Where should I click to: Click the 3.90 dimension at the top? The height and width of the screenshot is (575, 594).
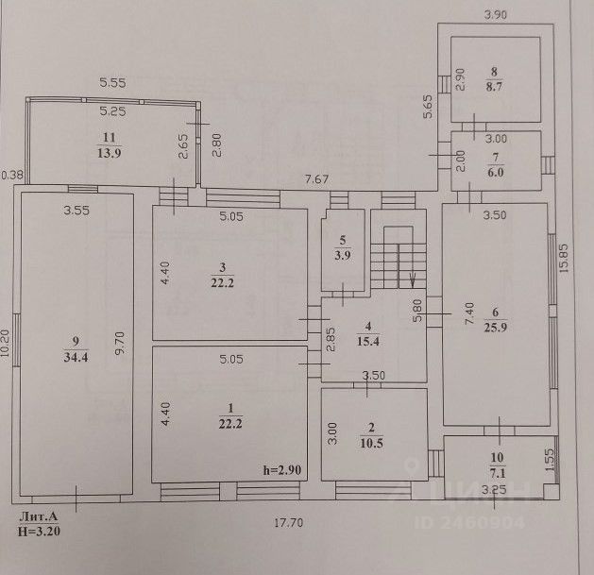[x=498, y=14]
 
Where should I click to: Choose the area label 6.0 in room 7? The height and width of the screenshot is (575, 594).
[x=495, y=161]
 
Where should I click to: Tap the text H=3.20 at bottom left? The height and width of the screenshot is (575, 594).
[x=40, y=532]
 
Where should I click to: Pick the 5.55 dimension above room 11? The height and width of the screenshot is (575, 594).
[x=113, y=83]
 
